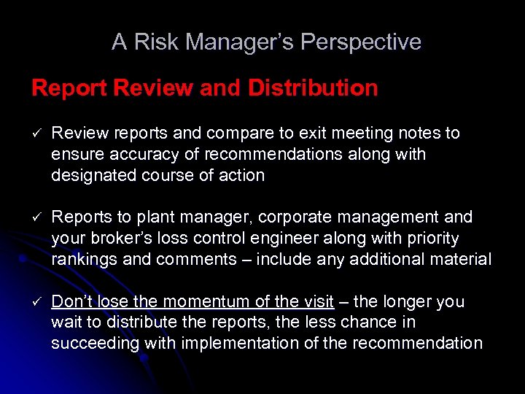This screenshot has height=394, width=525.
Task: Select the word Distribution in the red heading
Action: [313, 88]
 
